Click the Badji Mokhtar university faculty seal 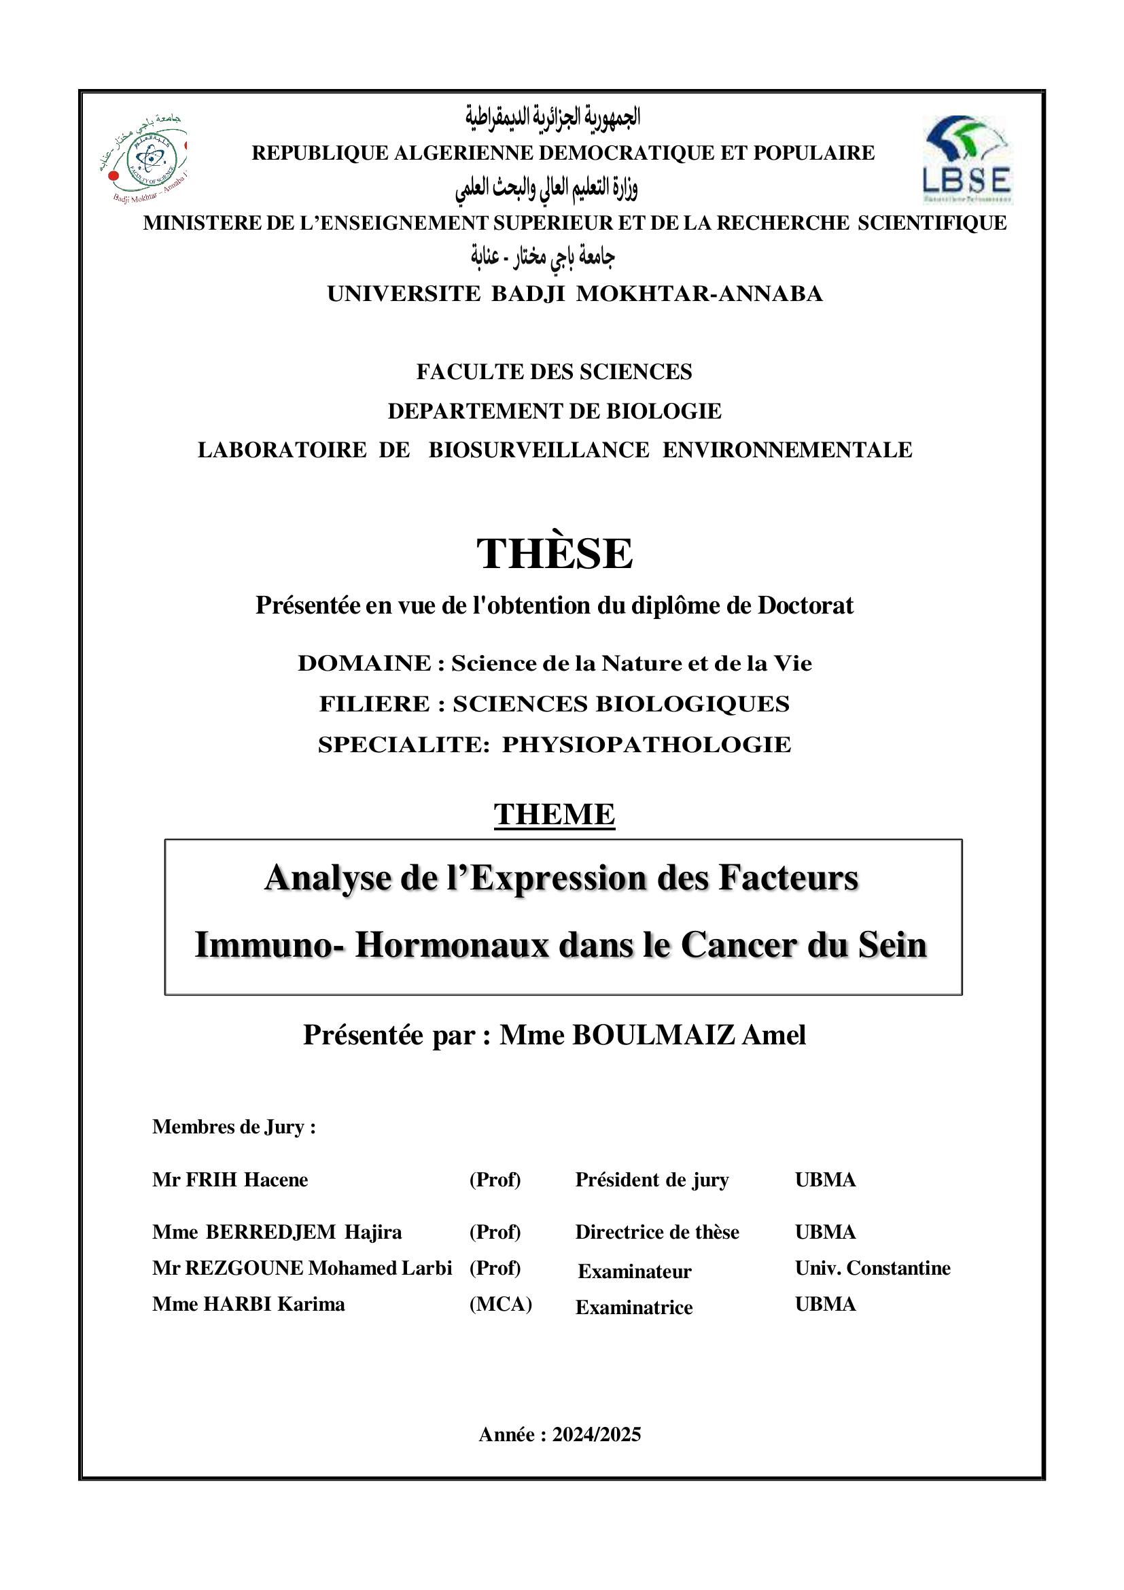[144, 158]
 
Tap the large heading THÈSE [554, 554]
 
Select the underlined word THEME [554, 815]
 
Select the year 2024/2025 [596, 1434]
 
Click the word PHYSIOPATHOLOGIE [646, 745]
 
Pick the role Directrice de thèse [656, 1232]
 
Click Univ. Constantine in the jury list [872, 1268]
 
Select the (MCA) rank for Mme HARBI [500, 1304]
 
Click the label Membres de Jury [233, 1127]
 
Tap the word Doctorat [805, 605]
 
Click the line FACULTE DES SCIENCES [554, 372]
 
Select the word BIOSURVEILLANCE [539, 450]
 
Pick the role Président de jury [652, 1180]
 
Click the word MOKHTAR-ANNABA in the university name [699, 294]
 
